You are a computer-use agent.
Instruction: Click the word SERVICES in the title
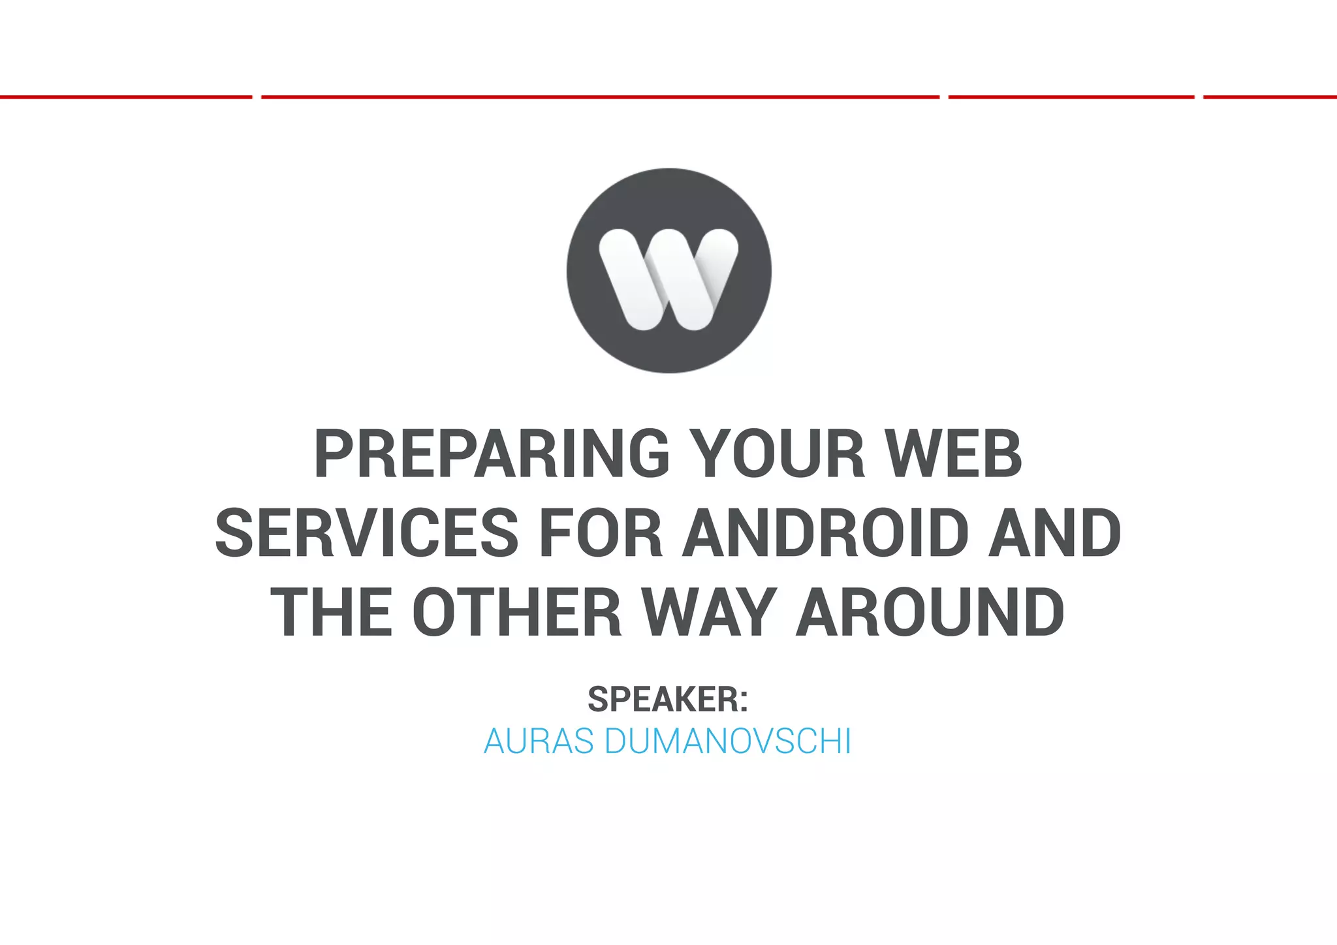[x=367, y=533]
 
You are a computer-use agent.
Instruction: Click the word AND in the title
[x=1054, y=533]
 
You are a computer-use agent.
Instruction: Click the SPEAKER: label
[x=667, y=700]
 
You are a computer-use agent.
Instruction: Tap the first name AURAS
[x=539, y=741]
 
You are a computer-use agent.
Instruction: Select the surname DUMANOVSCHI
[x=728, y=741]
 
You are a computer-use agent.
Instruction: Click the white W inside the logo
[x=668, y=279]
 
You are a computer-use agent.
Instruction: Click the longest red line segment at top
[x=600, y=97]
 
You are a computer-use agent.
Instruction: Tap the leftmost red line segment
[x=125, y=97]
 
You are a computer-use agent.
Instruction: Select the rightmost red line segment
[x=1270, y=97]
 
